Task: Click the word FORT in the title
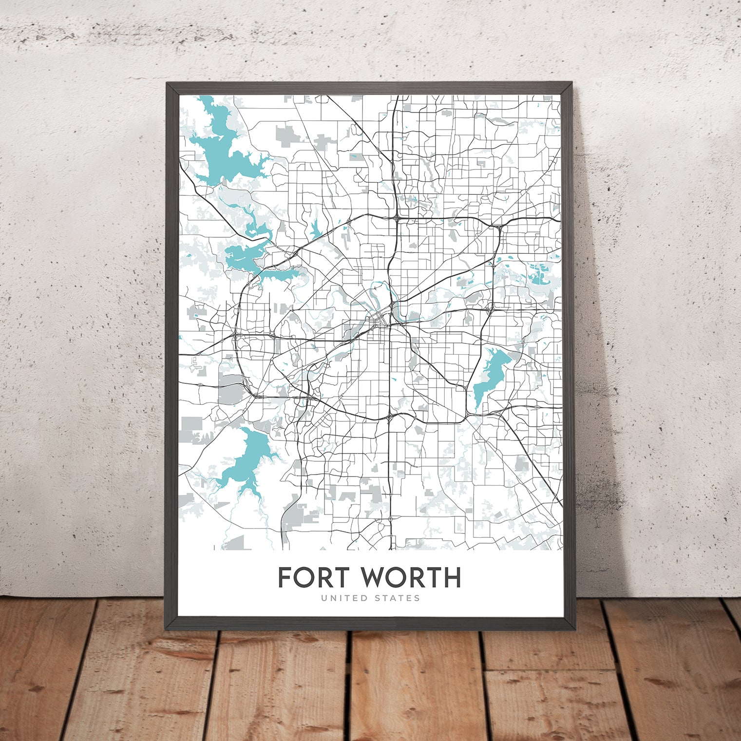coord(313,577)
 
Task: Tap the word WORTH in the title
coord(410,577)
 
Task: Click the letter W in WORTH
coord(373,577)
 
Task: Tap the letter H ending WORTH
coord(452,577)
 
